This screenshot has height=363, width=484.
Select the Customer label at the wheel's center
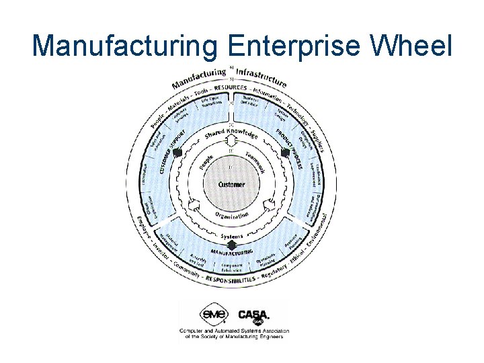point(232,184)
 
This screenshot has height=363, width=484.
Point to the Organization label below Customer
point(233,216)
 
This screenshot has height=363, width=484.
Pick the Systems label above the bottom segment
point(232,237)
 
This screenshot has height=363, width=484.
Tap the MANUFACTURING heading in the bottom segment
point(232,251)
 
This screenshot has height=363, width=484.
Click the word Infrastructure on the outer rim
point(261,74)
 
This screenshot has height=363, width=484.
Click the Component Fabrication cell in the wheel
point(232,267)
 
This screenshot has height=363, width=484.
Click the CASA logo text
point(253,314)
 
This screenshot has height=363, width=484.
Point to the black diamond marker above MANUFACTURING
point(232,245)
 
